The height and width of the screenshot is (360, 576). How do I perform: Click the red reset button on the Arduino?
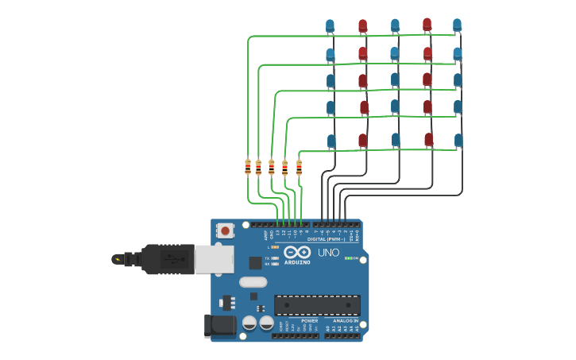pos(226,231)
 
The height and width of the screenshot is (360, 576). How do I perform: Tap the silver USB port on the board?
pos(215,257)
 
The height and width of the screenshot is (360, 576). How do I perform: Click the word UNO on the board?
pos(329,253)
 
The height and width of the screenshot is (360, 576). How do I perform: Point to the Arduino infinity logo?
pos(297,252)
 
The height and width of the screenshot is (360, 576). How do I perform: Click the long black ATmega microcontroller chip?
pos(317,304)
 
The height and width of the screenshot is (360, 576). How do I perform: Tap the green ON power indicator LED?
pos(347,258)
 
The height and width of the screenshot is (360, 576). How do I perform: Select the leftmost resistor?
pos(248,167)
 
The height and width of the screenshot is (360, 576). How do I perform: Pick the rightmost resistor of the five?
pos(299,167)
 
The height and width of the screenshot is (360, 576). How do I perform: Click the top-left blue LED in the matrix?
pos(330,26)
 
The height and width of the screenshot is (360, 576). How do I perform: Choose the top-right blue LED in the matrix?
pos(457,25)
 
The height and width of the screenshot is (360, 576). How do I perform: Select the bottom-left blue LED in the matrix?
pos(331,141)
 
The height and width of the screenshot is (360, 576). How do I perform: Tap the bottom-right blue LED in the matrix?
pos(458,140)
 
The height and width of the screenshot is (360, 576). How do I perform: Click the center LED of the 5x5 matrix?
pos(395,79)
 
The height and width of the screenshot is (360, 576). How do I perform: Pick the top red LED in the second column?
pos(362,26)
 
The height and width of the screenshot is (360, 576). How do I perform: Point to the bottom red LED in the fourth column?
pos(428,140)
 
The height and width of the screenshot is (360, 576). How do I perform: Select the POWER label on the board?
pos(309,321)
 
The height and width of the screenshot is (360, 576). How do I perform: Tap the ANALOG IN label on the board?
pos(346,321)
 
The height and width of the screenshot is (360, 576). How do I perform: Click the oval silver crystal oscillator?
pos(253,281)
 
